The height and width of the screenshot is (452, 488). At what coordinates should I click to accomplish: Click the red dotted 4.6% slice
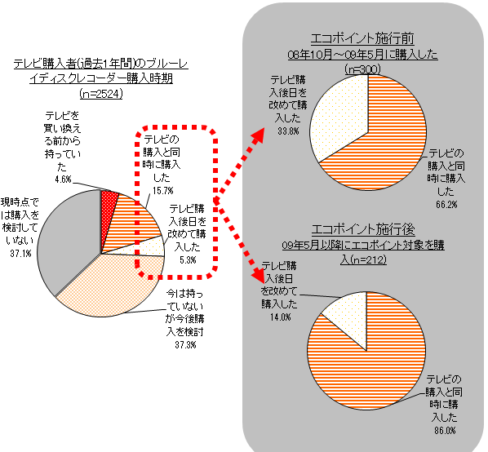(x=109, y=211)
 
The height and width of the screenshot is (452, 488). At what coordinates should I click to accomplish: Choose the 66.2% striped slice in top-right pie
(x=389, y=140)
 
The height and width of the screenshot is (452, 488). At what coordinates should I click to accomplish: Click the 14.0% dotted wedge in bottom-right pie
(x=348, y=314)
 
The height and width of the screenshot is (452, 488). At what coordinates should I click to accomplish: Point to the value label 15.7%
(x=162, y=190)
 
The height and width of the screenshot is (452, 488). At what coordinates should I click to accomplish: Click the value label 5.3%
(x=188, y=259)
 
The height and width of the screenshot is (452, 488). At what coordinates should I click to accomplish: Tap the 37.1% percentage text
(x=21, y=254)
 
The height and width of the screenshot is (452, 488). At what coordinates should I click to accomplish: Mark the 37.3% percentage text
(x=185, y=344)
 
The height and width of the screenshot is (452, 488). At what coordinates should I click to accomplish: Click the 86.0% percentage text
(x=445, y=431)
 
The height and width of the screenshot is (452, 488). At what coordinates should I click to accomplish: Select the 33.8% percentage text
(x=289, y=131)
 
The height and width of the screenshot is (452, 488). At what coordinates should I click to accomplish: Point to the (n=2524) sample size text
(x=101, y=94)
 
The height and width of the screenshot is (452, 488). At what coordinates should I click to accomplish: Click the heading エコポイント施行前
(x=362, y=39)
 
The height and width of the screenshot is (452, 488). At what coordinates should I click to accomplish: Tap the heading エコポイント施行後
(x=363, y=229)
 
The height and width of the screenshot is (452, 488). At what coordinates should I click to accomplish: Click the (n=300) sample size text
(x=363, y=69)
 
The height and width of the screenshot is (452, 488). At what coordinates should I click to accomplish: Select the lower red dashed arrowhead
(x=259, y=274)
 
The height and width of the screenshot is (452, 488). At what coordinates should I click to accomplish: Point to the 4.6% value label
(x=63, y=179)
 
